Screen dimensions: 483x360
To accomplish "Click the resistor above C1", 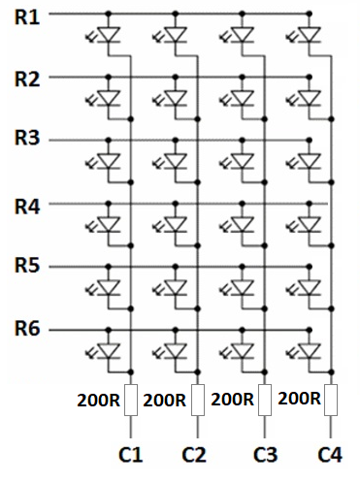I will tap(131, 400).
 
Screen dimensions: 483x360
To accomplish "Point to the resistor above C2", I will tap(197, 400).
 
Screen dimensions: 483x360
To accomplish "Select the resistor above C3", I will tap(264, 400).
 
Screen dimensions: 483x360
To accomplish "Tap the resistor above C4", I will tap(331, 400).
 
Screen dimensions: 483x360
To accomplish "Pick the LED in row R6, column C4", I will tap(310, 349).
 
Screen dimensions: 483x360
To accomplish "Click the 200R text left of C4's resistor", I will tap(299, 400).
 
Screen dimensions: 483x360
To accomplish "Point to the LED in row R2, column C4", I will tap(310, 98).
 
